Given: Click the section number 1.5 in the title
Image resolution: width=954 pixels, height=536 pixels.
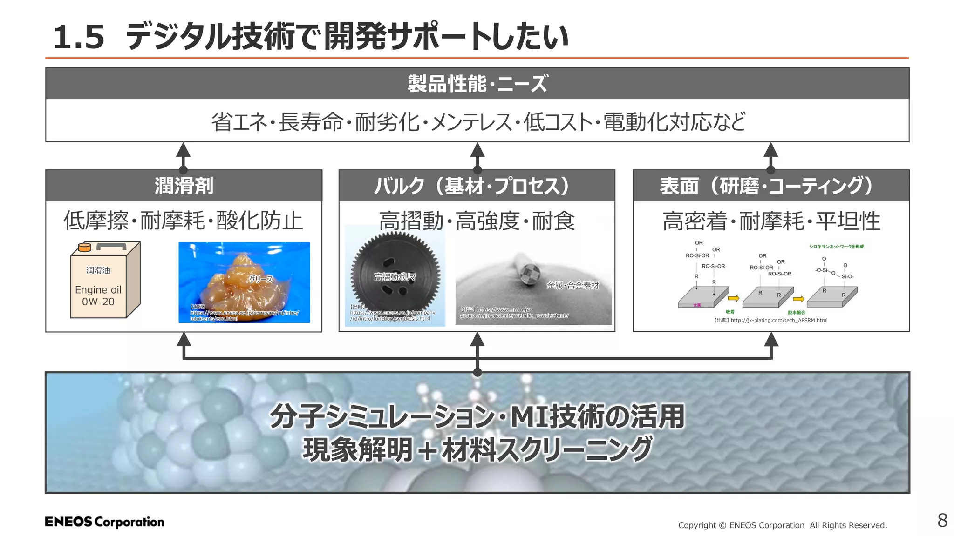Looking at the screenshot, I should coord(79,37).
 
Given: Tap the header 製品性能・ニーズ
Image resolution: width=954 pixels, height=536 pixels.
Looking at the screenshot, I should coord(477,84).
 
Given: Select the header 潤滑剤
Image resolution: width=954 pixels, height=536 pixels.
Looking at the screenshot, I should coord(184,186).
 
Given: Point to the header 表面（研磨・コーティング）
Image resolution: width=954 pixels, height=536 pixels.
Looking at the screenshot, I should coord(770,186).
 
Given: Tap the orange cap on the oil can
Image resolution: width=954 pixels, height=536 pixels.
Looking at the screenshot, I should coord(84,247).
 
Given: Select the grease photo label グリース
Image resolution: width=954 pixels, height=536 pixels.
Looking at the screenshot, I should coord(261,279).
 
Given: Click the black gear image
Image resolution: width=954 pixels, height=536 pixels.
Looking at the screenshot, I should coord(395,275).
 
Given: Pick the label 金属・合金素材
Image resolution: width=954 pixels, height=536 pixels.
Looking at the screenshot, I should coord(572,285).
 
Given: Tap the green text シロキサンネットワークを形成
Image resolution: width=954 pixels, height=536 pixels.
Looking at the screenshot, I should coord(836,247).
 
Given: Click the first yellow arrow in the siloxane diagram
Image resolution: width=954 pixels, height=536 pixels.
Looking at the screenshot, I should coord(733,298).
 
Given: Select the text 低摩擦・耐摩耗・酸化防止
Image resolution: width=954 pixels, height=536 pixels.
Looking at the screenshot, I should coord(184,221).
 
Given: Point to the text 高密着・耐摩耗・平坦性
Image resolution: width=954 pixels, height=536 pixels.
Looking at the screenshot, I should coord(771,221).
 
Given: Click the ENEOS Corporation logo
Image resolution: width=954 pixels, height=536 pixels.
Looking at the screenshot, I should coord(104,522).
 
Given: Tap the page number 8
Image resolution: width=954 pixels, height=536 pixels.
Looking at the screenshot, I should coord(942,520).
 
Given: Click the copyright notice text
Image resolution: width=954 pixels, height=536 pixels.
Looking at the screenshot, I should coord(782,525).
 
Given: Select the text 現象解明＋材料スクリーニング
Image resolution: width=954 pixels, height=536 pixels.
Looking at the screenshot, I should coord(477,449).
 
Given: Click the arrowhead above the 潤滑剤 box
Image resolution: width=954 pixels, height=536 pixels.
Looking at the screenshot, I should coord(183,150).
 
